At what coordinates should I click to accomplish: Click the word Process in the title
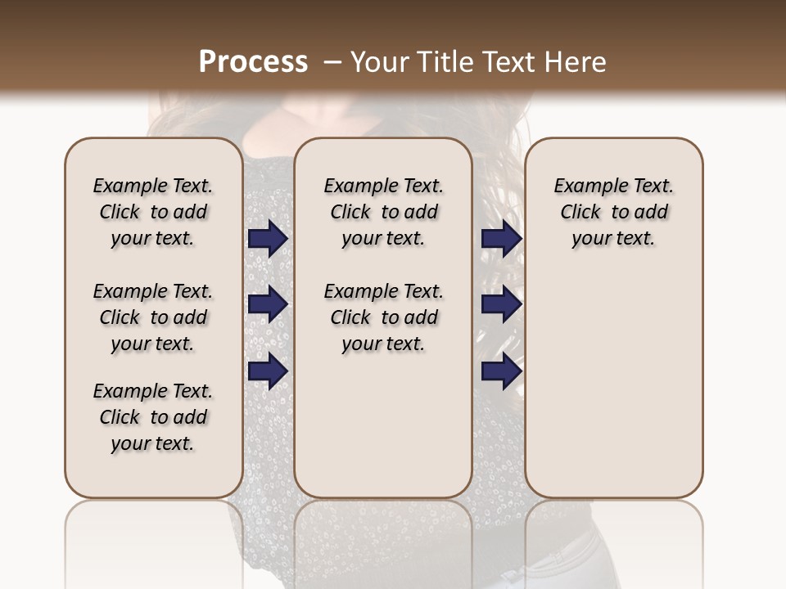pyautogui.click(x=253, y=62)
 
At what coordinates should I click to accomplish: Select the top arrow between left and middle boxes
pyautogui.click(x=268, y=239)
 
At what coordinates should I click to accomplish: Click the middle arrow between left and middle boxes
pyautogui.click(x=268, y=304)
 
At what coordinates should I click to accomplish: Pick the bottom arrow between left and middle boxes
pyautogui.click(x=268, y=371)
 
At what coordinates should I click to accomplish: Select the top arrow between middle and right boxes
pyautogui.click(x=501, y=239)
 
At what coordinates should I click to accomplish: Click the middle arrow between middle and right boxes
pyautogui.click(x=501, y=304)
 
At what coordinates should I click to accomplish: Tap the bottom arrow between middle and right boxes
pyautogui.click(x=501, y=371)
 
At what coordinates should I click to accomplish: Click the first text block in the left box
pyautogui.click(x=153, y=212)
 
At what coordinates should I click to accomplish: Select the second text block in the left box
pyautogui.click(x=153, y=317)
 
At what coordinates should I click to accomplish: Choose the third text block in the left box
pyautogui.click(x=153, y=417)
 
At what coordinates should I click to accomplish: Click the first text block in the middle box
pyautogui.click(x=383, y=212)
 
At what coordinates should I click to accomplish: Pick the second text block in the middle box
pyautogui.click(x=383, y=317)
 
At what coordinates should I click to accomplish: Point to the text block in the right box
pyautogui.click(x=613, y=212)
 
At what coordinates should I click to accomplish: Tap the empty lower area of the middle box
pyautogui.click(x=383, y=425)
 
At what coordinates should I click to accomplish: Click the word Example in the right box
pyautogui.click(x=583, y=186)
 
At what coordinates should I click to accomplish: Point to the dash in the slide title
pyautogui.click(x=332, y=62)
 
